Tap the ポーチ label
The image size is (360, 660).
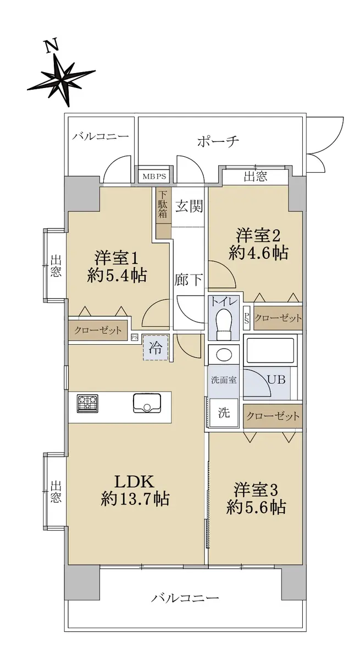tap(218, 141)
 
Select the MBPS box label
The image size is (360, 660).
tap(154, 177)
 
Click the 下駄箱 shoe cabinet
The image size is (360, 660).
tap(163, 213)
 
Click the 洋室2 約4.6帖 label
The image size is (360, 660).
tap(258, 244)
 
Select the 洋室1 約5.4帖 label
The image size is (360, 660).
tap(117, 266)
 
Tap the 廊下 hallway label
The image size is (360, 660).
tap(189, 279)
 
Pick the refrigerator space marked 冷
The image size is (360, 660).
tap(156, 348)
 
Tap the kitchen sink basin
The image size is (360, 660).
tap(147, 403)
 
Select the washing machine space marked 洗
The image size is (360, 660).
tap(224, 413)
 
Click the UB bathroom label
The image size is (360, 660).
tap(276, 380)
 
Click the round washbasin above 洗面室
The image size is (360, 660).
tap(224, 354)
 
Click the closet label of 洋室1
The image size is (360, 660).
tap(98, 331)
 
